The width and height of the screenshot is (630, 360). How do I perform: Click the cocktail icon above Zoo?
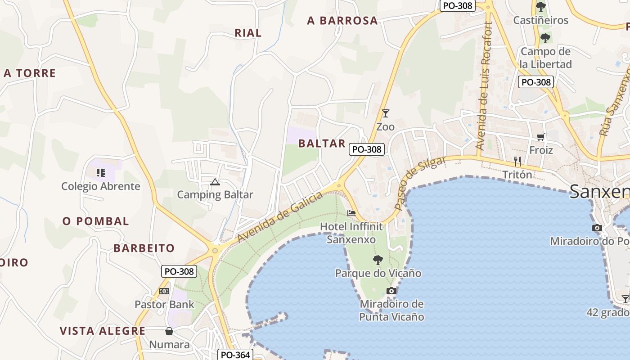385,113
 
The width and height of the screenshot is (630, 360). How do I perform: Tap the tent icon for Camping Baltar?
215,182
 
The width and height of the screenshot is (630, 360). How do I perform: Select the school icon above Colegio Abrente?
101,172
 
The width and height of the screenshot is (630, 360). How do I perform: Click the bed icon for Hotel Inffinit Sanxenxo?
351,213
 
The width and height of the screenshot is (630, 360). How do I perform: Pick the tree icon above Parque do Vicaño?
378,260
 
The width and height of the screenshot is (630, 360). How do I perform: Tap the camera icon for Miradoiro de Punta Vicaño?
391,291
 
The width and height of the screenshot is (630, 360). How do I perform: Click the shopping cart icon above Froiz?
540,137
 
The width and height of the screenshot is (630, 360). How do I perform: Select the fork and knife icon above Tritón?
517,161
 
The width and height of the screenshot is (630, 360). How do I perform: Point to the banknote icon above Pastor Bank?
164,291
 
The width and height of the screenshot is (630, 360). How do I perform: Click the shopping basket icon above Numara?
169,332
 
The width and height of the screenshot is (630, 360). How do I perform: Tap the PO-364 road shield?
235,355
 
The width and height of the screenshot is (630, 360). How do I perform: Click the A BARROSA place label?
342,20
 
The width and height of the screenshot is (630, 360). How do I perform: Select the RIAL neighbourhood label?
248,33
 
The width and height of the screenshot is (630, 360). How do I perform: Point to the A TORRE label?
30,73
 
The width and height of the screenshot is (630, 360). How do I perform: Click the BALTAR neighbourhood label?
322,144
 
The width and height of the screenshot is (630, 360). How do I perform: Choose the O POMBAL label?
96,221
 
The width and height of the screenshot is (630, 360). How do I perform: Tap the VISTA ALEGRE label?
103,331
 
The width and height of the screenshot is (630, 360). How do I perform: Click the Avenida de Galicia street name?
280,217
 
